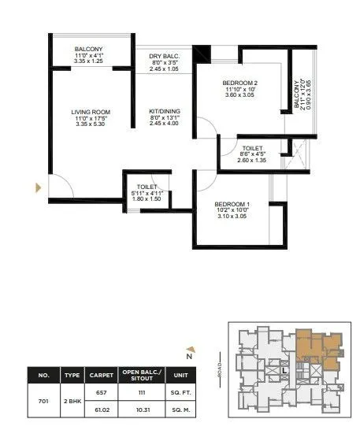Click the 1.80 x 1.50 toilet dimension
tap(147, 199)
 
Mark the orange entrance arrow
tap(36, 187)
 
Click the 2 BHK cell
tap(72, 400)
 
